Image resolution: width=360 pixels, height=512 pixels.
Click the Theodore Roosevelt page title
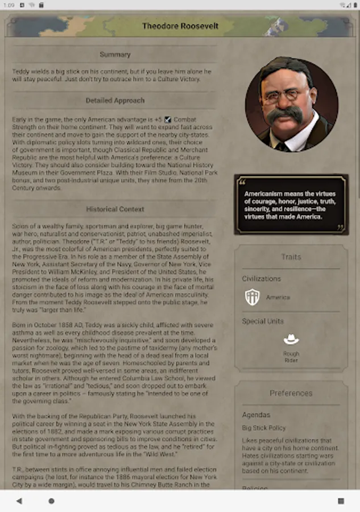click(180, 26)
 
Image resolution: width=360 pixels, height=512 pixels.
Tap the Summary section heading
click(115, 55)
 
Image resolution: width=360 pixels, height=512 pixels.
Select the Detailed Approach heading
click(115, 101)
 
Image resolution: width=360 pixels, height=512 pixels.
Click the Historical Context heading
click(115, 209)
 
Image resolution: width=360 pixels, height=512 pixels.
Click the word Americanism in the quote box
click(262, 194)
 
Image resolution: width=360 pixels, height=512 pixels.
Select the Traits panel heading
click(291, 257)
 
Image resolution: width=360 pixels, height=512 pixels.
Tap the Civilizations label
click(262, 279)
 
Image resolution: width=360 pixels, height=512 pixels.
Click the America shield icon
click(252, 297)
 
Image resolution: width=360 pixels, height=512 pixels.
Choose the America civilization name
click(278, 298)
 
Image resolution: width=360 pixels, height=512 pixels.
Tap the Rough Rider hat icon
click(291, 340)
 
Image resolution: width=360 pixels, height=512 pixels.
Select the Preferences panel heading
click(291, 393)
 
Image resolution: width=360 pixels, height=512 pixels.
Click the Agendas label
click(256, 415)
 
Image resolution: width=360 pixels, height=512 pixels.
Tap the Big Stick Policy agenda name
click(264, 428)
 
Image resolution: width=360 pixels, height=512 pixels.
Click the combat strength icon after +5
click(167, 120)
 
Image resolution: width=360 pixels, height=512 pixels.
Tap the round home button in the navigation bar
click(51, 501)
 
